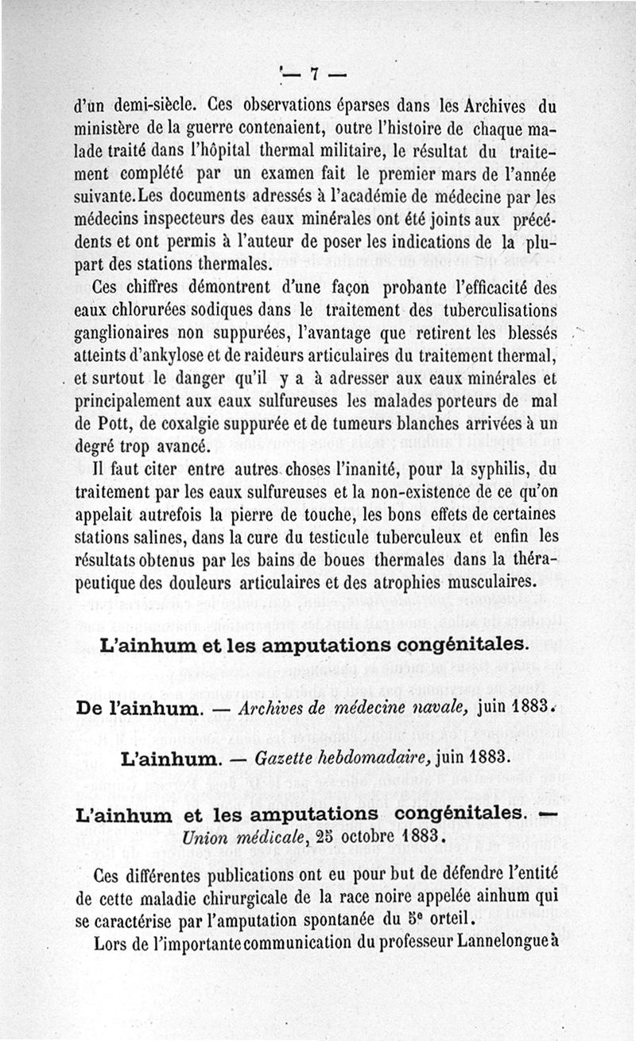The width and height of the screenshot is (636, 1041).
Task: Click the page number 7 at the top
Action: point(314,75)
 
